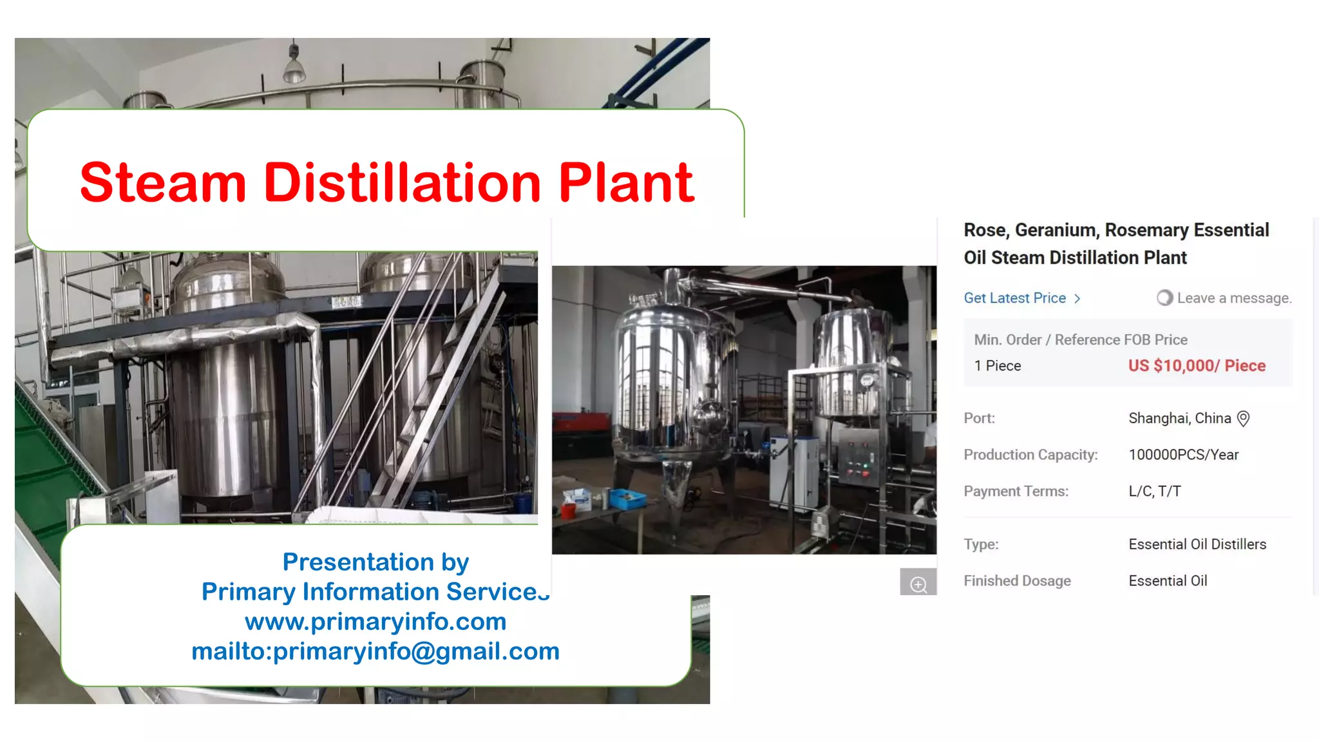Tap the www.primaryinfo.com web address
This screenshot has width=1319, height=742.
pyautogui.click(x=375, y=622)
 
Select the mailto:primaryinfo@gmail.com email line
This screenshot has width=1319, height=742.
pyautogui.click(x=375, y=651)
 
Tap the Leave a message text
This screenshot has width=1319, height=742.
pyautogui.click(x=1233, y=298)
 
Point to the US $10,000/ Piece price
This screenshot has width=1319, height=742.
pyautogui.click(x=1197, y=366)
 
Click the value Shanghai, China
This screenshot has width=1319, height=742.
pyautogui.click(x=1179, y=419)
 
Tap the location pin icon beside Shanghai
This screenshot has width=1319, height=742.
pyautogui.click(x=1244, y=419)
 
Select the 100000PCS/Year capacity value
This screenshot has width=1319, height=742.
pyautogui.click(x=1183, y=455)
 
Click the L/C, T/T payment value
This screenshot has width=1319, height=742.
pyautogui.click(x=1154, y=491)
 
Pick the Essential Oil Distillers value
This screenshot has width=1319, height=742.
pyautogui.click(x=1197, y=544)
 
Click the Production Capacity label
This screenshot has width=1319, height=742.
pyautogui.click(x=1030, y=455)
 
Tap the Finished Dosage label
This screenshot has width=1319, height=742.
pyautogui.click(x=1017, y=581)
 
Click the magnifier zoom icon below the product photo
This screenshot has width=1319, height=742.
pyautogui.click(x=918, y=584)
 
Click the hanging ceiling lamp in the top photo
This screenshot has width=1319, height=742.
pyautogui.click(x=294, y=67)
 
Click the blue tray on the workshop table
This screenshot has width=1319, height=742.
pyautogui.click(x=627, y=497)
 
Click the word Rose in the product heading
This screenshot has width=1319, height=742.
pyautogui.click(x=985, y=230)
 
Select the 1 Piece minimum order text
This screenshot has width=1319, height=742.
pyautogui.click(x=997, y=366)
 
